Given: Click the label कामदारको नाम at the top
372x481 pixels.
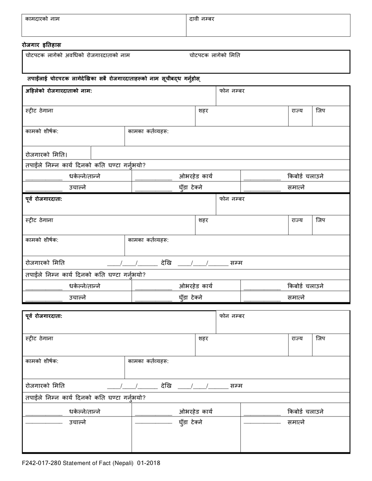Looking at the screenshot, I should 42,19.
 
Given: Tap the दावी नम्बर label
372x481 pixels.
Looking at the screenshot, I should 202,19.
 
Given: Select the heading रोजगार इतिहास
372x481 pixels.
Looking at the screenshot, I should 41,45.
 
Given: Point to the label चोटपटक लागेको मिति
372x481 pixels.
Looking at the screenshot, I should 215,56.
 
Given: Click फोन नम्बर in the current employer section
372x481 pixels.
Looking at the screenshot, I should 232,91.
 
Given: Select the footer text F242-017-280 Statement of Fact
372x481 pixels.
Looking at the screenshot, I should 91,463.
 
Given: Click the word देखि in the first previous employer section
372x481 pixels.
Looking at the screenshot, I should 166,263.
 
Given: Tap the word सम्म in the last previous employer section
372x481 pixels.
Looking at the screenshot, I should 236,386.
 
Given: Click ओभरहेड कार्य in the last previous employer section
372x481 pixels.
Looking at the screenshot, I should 196,411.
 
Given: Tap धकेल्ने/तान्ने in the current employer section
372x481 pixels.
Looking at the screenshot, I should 85,176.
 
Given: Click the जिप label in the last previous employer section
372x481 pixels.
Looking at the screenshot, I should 320,339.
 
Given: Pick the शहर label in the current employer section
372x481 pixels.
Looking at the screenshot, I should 203,111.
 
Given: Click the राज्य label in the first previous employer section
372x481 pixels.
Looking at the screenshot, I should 297,220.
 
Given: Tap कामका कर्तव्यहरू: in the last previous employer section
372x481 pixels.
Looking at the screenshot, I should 148,361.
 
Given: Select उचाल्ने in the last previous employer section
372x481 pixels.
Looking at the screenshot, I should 78,422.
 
